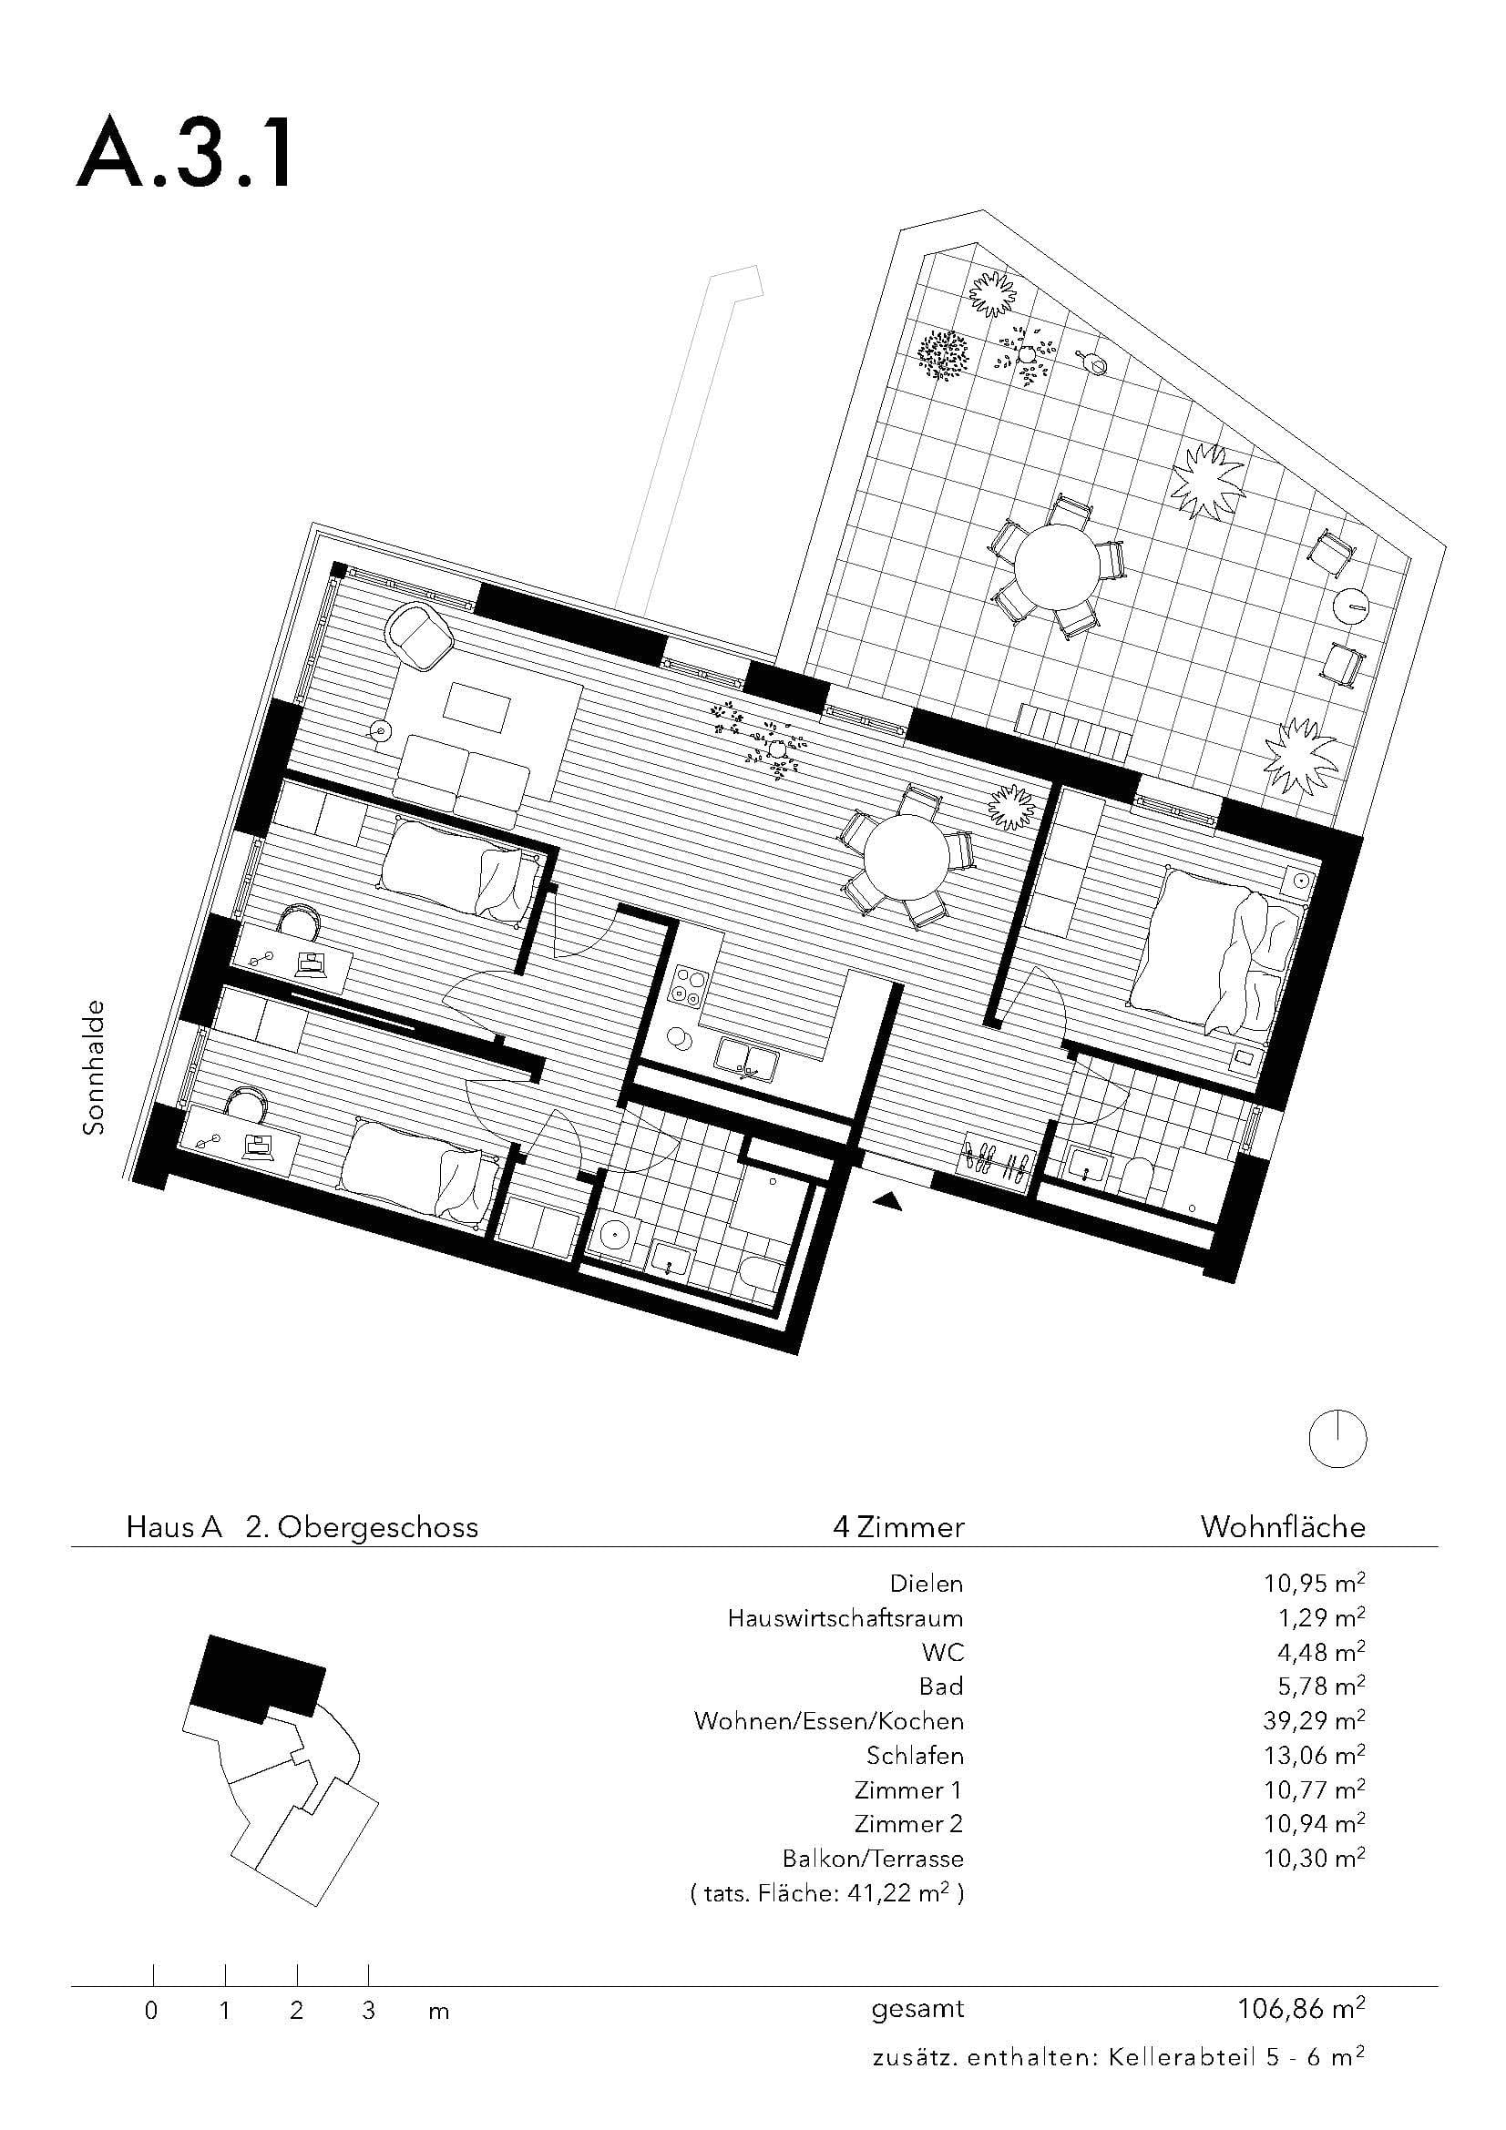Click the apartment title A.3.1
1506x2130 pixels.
coord(185,157)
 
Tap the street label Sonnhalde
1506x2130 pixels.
coord(95,1067)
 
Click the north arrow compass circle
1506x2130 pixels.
coord(1337,1439)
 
